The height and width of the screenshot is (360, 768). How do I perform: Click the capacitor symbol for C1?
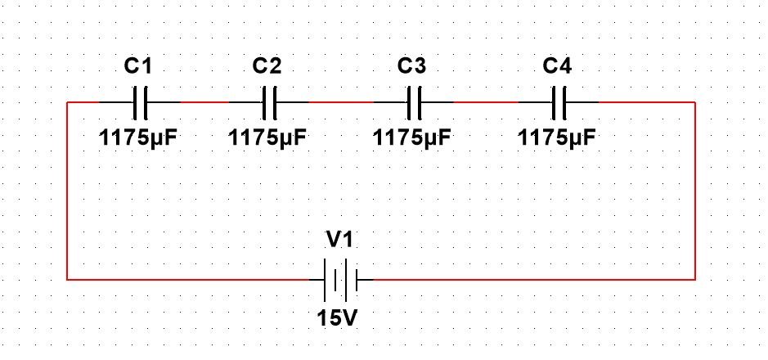tap(140, 102)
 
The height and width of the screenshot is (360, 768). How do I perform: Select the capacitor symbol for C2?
tap(269, 102)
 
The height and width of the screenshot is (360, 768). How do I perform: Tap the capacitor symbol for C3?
tap(413, 102)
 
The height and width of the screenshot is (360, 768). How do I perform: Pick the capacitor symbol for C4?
tap(559, 102)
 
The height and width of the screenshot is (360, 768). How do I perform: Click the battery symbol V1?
tap(341, 279)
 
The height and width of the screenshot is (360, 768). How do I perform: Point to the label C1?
tap(138, 65)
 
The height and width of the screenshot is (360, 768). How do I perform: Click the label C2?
tap(267, 65)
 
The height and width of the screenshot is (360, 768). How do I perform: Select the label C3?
tap(411, 65)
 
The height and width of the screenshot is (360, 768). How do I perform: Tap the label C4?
tap(557, 65)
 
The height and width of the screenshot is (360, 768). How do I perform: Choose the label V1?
tap(341, 241)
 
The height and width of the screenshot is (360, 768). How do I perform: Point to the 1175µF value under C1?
tap(138, 137)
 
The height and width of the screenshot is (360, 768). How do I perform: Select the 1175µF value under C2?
tap(267, 137)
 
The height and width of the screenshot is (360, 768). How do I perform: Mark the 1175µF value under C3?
tap(411, 137)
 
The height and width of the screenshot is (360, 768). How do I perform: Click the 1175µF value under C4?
tap(557, 137)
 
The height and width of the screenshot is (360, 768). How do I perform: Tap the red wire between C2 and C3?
tap(341, 102)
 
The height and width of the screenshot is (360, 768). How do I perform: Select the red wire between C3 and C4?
tap(486, 102)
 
